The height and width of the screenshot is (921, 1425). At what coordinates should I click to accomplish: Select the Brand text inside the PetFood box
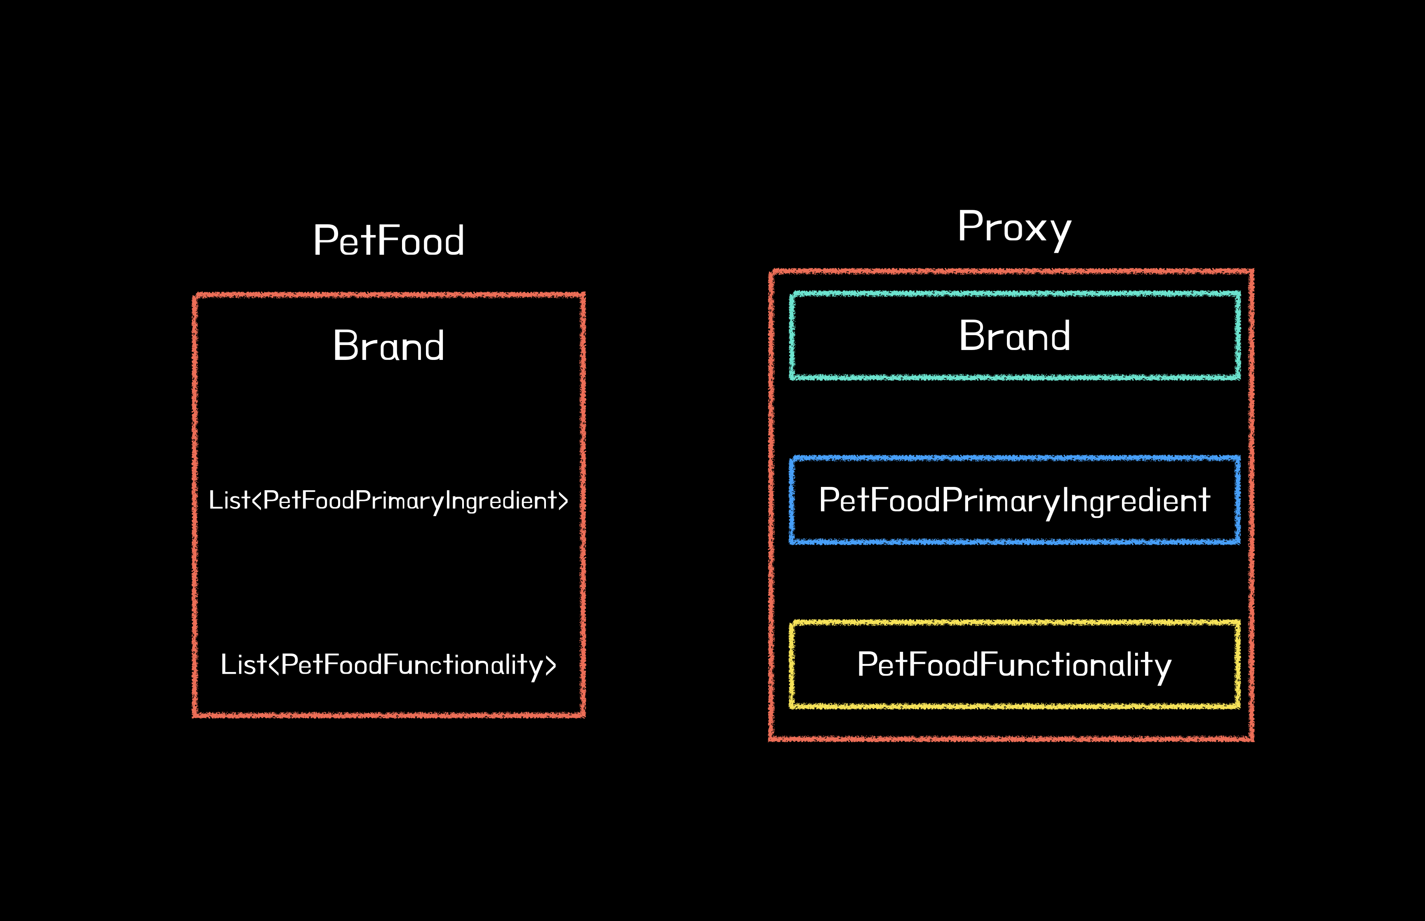389,345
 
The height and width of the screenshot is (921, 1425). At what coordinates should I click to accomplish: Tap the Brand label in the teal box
1014,336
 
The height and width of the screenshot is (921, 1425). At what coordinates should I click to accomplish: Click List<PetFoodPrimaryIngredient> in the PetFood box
389,500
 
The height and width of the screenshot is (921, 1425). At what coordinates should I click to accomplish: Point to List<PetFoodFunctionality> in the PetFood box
389,665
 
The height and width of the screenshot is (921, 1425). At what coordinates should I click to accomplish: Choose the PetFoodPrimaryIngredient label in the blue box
1014,500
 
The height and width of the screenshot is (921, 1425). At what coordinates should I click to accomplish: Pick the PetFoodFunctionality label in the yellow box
1014,665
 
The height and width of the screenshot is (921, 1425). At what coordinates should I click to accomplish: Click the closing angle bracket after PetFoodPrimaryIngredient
563,500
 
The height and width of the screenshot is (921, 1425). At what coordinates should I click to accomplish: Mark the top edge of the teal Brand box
1014,294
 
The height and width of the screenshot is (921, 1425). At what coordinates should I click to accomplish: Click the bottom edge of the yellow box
1014,706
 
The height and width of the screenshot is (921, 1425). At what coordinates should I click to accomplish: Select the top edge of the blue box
1014,458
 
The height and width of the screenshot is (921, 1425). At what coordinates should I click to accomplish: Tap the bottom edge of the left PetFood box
389,715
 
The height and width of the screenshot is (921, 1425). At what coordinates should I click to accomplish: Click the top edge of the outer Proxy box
1011,272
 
